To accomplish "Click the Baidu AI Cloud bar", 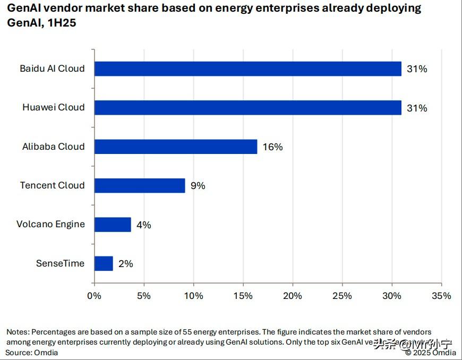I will (x=247, y=68).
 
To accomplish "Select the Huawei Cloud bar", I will (x=247, y=108).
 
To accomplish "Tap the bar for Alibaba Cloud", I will (x=175, y=147).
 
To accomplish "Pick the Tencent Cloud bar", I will (x=139, y=185).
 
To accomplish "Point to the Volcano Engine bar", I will (x=112, y=225).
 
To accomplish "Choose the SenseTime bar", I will (x=104, y=263).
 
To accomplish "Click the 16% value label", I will (x=272, y=147).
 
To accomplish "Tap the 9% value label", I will (x=198, y=186).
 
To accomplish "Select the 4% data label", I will (x=143, y=225).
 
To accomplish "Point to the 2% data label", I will (x=125, y=264).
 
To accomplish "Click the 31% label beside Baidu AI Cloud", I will (x=417, y=69).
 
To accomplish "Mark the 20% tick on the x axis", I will (x=293, y=296).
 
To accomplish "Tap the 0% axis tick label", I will (x=94, y=296).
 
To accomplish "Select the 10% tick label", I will (x=193, y=296).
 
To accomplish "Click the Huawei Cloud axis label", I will (x=53, y=107).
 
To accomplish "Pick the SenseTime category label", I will (x=60, y=263).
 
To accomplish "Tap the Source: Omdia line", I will (x=32, y=353).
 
